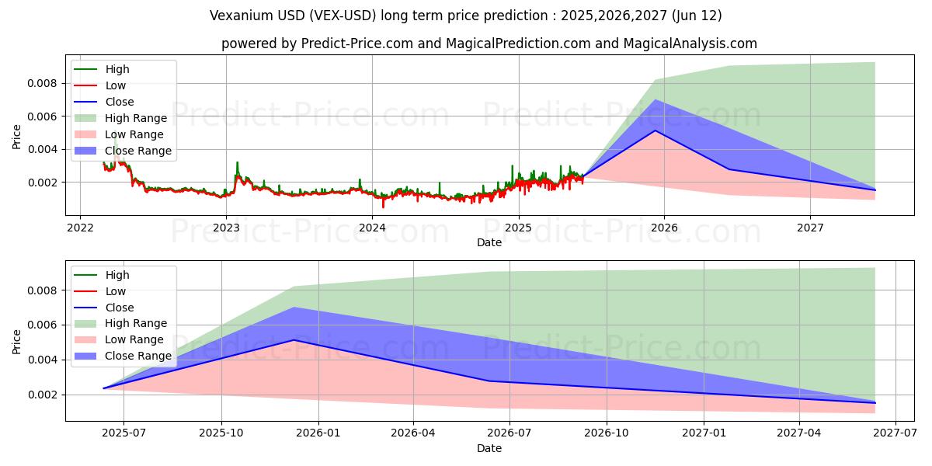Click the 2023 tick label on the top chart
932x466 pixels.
point(226,228)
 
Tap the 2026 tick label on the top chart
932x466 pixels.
point(664,228)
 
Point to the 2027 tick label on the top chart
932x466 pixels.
point(810,228)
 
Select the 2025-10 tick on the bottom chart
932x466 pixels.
point(221,433)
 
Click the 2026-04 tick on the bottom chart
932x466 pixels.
point(413,433)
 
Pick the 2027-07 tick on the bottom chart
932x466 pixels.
point(895,433)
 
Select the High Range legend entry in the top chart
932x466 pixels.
point(136,118)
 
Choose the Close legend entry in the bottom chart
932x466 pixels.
point(120,308)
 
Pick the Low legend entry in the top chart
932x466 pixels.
point(116,85)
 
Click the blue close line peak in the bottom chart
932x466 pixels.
point(294,340)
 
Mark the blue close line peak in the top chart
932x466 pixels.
point(655,130)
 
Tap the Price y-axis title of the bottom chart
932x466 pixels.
point(17,341)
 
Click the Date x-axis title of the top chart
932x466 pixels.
point(489,242)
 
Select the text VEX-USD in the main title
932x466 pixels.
point(354,16)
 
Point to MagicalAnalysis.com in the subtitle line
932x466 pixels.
point(691,43)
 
